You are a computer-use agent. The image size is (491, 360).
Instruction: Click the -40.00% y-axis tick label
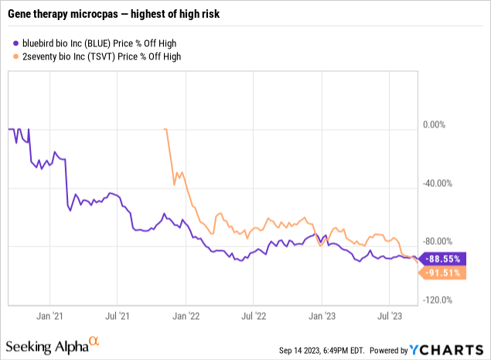pos(438,183)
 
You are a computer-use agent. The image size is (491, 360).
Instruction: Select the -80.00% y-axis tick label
pos(438,241)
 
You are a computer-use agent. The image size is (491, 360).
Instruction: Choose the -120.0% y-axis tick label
pos(438,300)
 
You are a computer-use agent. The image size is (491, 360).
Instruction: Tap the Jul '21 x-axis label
pos(117,315)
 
